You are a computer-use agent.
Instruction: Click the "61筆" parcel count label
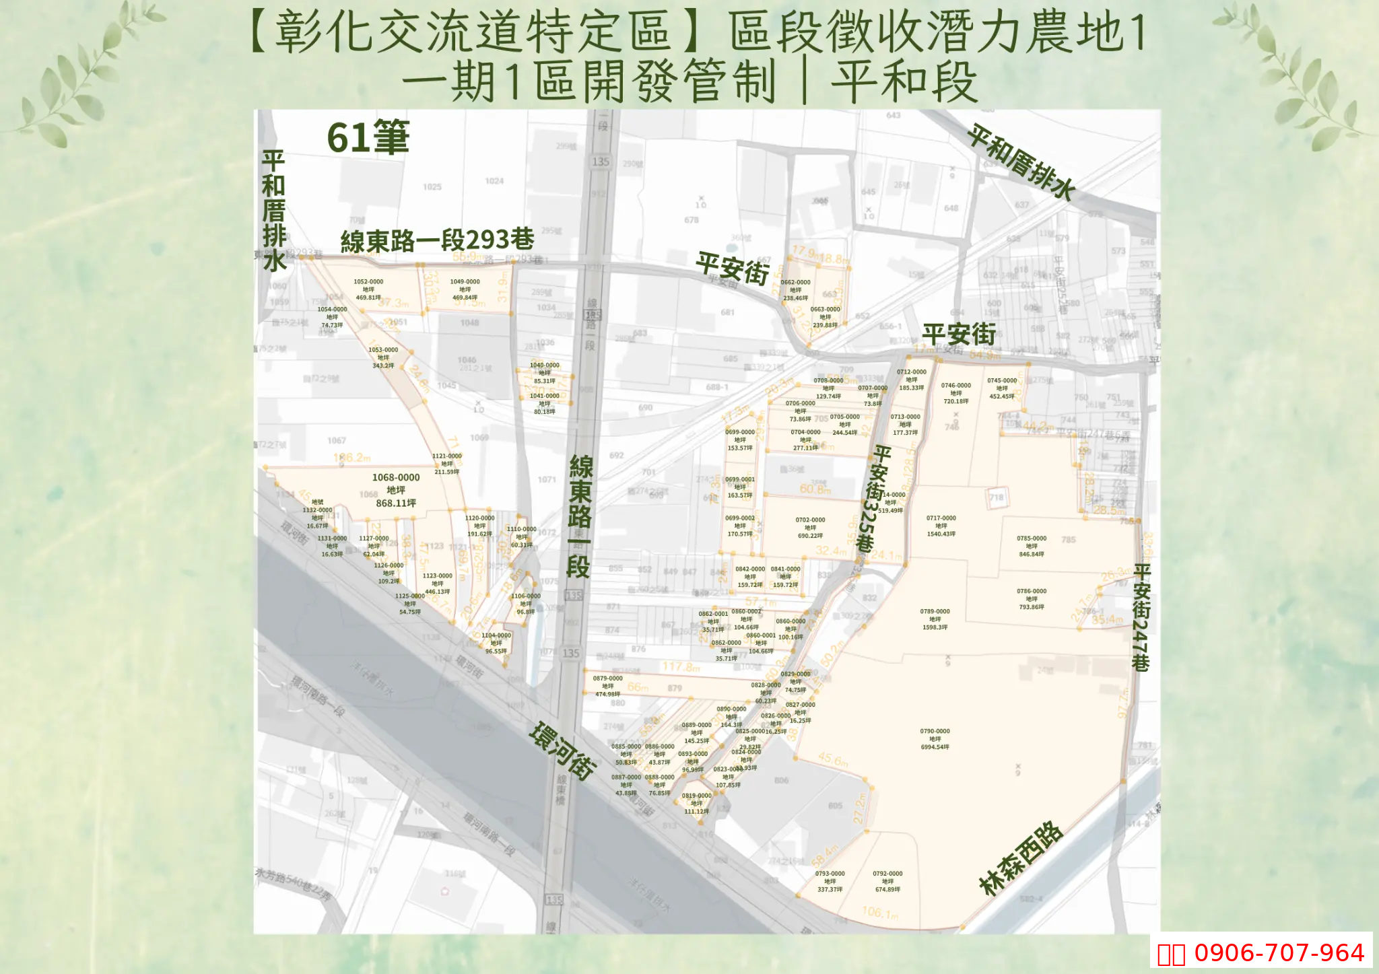pyautogui.click(x=368, y=138)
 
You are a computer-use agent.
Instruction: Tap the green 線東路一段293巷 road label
pyautogui.click(x=437, y=240)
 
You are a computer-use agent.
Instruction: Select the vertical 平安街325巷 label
pyautogui.click(x=873, y=498)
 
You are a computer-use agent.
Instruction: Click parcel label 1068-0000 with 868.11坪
pyautogui.click(x=396, y=490)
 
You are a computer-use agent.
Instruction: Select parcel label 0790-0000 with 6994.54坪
pyautogui.click(x=935, y=738)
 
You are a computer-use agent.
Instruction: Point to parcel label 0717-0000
pyautogui.click(x=941, y=526)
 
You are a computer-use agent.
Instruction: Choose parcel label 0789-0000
pyautogui.click(x=935, y=619)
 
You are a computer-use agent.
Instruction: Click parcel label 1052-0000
pyautogui.click(x=368, y=289)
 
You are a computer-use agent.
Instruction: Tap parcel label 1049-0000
pyautogui.click(x=465, y=289)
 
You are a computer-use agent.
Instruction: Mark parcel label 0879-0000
pyautogui.click(x=607, y=686)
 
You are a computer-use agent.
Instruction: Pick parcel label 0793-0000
pyautogui.click(x=830, y=881)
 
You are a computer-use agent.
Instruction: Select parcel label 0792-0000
pyautogui.click(x=887, y=881)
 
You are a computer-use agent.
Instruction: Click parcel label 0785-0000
pyautogui.click(x=1032, y=546)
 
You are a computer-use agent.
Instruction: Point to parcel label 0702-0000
pyautogui.click(x=810, y=528)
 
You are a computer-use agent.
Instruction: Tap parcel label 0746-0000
pyautogui.click(x=956, y=393)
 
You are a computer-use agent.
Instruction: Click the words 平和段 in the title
pyautogui.click(x=904, y=83)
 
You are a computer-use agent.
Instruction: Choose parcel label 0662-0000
pyautogui.click(x=795, y=290)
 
